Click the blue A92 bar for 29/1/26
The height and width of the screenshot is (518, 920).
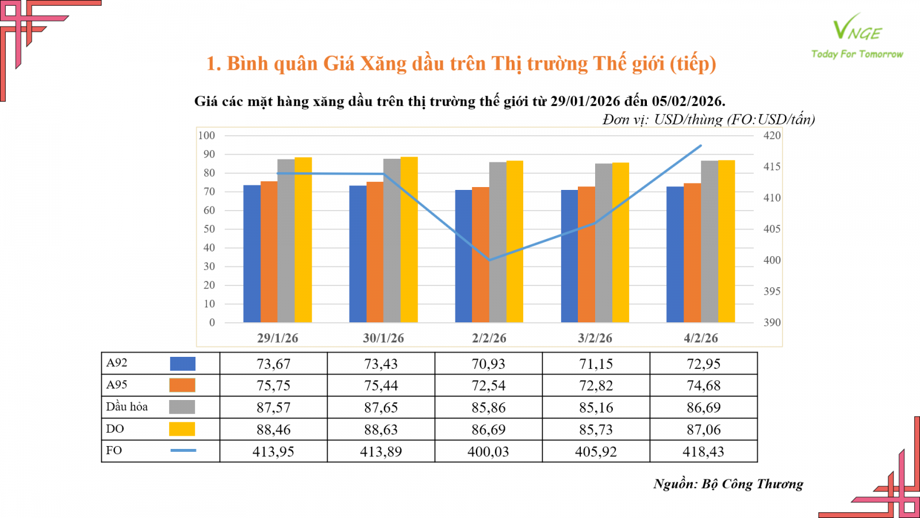(x=252, y=253)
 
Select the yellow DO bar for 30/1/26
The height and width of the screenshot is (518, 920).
(x=409, y=239)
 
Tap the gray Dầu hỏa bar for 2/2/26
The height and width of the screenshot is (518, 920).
(x=498, y=242)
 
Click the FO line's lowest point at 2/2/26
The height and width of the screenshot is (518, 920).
(x=489, y=260)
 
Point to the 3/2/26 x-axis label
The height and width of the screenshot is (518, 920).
(x=595, y=338)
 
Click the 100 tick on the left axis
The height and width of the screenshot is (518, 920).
(x=206, y=136)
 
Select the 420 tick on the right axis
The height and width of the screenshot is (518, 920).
(x=772, y=136)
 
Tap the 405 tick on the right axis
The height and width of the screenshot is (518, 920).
(x=772, y=229)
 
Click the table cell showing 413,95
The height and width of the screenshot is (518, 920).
(x=273, y=452)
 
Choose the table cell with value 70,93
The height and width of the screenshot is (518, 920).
(x=488, y=364)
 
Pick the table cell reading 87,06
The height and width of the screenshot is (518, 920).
(x=703, y=430)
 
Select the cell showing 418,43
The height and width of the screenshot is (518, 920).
(x=703, y=452)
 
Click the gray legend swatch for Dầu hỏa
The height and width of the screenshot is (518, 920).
(x=182, y=407)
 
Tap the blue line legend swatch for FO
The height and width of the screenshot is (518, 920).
(x=183, y=451)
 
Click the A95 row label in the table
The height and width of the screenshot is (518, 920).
(x=117, y=385)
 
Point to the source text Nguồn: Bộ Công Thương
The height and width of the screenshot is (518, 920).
(x=728, y=484)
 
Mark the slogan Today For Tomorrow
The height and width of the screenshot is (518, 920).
(x=857, y=54)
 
